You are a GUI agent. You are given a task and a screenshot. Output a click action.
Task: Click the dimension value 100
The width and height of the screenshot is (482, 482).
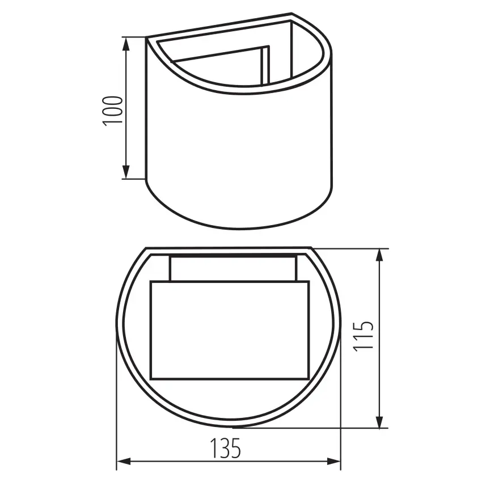(x=113, y=110)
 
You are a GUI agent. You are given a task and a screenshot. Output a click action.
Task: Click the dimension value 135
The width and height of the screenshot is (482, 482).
(x=227, y=448)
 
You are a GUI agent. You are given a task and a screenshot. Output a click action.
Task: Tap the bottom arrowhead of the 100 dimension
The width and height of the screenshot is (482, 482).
(x=126, y=172)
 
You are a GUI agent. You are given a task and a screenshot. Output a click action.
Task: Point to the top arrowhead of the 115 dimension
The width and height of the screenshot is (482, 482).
(x=380, y=255)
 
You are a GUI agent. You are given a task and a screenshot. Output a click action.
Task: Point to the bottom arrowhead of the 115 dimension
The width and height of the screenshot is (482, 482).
(x=380, y=422)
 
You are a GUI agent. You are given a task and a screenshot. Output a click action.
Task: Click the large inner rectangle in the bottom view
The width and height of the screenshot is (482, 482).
(x=230, y=330)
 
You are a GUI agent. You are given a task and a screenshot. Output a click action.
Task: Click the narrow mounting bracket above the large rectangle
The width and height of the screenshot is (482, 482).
(x=232, y=268)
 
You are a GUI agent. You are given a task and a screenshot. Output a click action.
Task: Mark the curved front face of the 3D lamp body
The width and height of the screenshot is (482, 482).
(x=238, y=159)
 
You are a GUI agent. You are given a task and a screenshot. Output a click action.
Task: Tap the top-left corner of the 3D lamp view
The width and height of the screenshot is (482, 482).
(x=147, y=39)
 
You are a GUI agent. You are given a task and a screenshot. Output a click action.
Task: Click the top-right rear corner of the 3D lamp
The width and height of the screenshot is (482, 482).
(x=293, y=14)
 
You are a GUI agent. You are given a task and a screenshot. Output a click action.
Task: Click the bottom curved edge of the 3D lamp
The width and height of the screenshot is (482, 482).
(x=238, y=229)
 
